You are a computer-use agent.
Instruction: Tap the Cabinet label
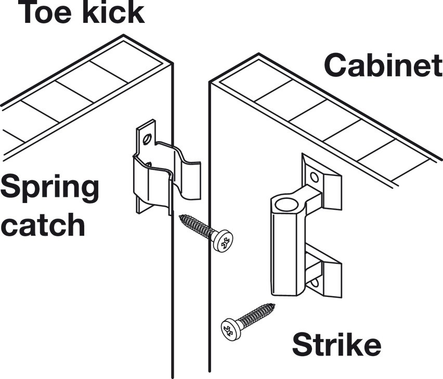[383, 65]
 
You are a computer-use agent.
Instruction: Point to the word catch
[43, 224]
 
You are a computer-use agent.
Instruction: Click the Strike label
[336, 344]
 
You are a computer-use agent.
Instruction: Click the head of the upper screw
[223, 241]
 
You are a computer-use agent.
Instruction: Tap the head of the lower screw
[231, 330]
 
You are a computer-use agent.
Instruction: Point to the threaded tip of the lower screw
[272, 306]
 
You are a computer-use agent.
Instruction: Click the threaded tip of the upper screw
[182, 217]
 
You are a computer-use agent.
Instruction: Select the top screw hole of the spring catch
[147, 139]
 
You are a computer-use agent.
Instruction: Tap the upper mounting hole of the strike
[314, 177]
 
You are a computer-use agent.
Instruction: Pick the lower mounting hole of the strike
[315, 282]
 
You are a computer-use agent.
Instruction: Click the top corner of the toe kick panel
[123, 35]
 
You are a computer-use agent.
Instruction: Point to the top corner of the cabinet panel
[258, 54]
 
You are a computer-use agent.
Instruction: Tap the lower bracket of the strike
[324, 271]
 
